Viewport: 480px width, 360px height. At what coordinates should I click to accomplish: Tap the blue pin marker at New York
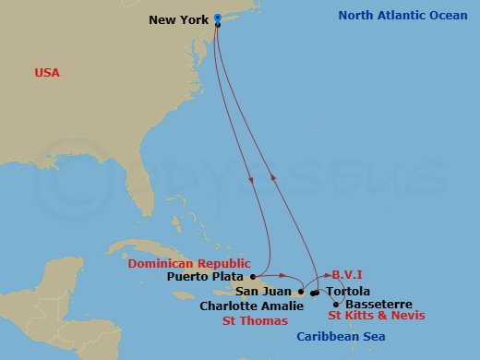pos(217,18)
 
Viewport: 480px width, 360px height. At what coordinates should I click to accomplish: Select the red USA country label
pos(48,72)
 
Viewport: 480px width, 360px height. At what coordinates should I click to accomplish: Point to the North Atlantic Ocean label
pos(402,16)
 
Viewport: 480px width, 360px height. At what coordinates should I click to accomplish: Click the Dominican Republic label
pos(188,263)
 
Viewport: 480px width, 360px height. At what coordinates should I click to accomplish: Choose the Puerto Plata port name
pos(206,276)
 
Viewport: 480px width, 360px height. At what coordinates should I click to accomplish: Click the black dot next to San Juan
pos(301,292)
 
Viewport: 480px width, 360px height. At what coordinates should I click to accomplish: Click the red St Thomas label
pos(255,321)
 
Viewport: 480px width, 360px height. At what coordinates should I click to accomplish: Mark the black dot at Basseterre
pos(334,303)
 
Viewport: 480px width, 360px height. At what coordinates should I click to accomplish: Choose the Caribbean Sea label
pos(340,338)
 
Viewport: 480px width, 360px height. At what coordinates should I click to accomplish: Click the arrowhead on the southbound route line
pos(253,179)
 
